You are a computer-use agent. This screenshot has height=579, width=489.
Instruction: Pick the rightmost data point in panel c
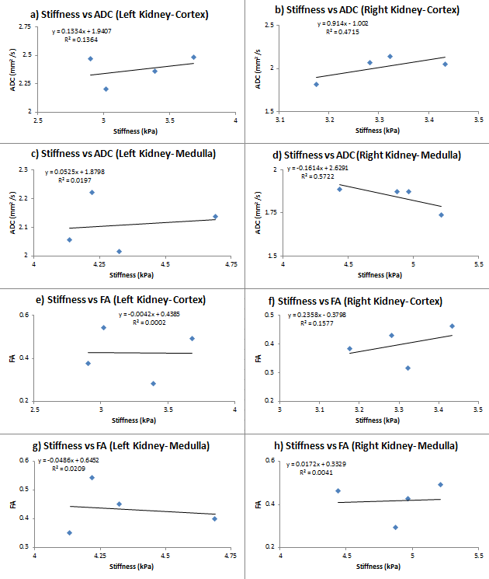pos(215,217)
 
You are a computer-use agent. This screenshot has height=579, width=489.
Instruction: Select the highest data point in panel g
pos(92,477)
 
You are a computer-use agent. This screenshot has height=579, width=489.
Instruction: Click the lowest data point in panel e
pos(153,383)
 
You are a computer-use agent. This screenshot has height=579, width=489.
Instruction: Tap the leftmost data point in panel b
pos(316,84)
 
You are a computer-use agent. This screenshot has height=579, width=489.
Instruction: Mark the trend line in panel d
pos(390,196)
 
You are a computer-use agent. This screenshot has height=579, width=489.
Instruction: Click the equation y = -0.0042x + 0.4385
pos(160,315)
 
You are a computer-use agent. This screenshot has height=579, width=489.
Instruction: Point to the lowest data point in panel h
pos(395,527)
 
